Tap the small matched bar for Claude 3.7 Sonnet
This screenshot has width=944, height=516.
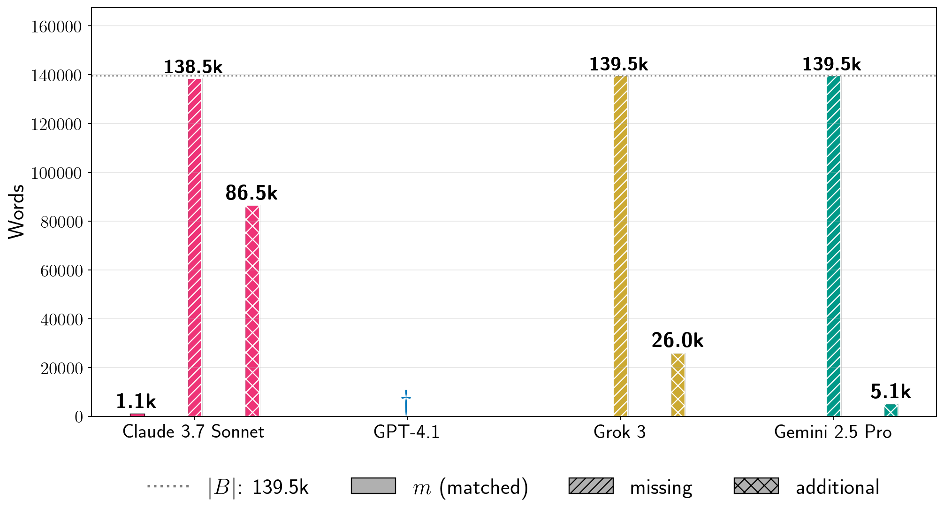[137, 415]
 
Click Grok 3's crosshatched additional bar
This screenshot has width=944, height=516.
[678, 385]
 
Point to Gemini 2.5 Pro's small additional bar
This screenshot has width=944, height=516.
[891, 410]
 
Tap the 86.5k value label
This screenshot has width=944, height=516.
[251, 193]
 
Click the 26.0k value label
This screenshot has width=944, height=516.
[678, 341]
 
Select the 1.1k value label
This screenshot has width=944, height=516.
[136, 401]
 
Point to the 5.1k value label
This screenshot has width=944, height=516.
[891, 392]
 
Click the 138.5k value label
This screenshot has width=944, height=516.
[193, 67]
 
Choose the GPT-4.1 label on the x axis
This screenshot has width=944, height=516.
[406, 432]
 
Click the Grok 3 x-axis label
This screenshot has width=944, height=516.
[619, 432]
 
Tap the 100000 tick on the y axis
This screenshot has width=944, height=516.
[56, 173]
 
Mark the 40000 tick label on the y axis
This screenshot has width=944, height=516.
[61, 320]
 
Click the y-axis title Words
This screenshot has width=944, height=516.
[17, 212]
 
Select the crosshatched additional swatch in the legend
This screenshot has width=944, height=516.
[756, 486]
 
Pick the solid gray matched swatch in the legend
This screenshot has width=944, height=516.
[373, 486]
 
